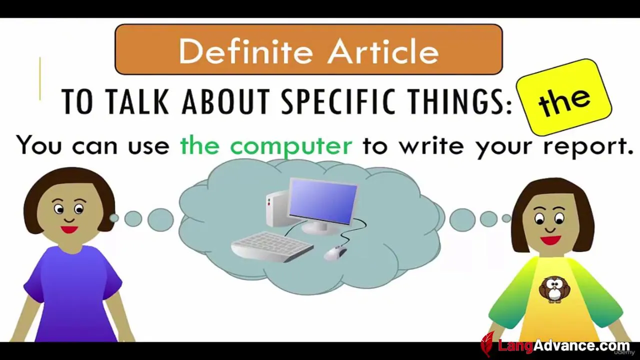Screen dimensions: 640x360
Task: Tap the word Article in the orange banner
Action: (383, 51)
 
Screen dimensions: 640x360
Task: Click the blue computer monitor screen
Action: (323, 201)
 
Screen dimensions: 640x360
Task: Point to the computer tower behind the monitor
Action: (276, 208)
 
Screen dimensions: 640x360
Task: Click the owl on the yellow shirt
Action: (554, 289)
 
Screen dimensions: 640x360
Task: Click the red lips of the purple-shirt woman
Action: (69, 229)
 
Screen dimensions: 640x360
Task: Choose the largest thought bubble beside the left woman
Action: (160, 219)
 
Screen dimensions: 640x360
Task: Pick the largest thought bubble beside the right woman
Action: (462, 219)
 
